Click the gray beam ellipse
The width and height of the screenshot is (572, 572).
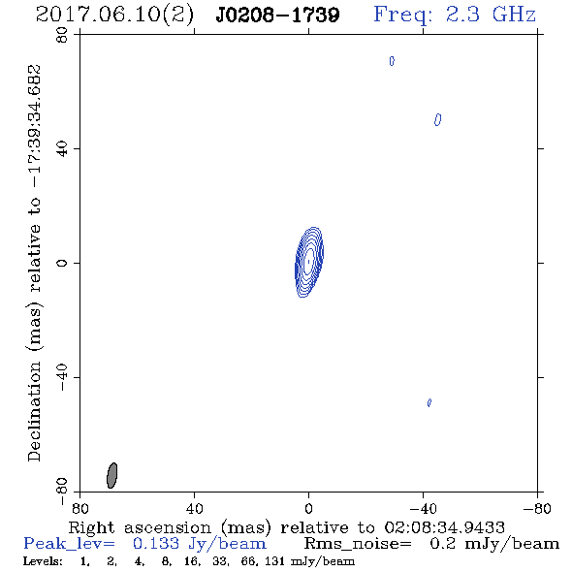[112, 475]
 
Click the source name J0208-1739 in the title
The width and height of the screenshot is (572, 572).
[277, 16]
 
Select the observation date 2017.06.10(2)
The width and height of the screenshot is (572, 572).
[114, 16]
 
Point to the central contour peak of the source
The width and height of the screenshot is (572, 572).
[309, 262]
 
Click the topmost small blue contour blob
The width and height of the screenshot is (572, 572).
[392, 61]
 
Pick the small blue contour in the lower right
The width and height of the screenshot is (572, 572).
[429, 402]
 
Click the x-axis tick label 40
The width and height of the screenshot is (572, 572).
[194, 508]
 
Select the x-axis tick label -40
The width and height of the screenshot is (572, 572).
[423, 508]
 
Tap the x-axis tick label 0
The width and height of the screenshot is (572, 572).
[308, 508]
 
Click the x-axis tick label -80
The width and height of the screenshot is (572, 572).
[537, 508]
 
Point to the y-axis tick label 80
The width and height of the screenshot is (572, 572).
[62, 35]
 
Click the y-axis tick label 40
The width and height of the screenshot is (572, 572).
[62, 149]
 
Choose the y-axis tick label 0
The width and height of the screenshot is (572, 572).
[62, 263]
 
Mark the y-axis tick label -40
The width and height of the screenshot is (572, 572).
[62, 377]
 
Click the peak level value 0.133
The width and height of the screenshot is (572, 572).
[156, 544]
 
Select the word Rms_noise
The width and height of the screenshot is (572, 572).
[358, 544]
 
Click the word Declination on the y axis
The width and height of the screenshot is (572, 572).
[34, 411]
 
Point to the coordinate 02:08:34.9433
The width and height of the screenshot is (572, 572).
[445, 527]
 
